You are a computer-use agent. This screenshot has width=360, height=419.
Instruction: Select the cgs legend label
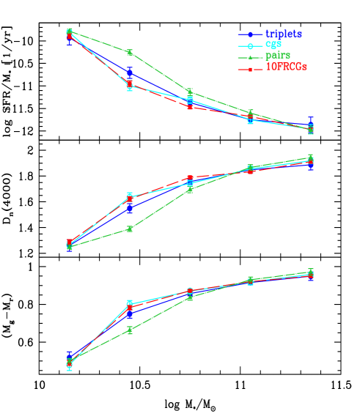coord(273,44)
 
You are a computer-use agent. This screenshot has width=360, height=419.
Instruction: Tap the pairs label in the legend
coord(277,55)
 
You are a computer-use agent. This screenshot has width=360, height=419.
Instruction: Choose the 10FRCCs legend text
coord(286,67)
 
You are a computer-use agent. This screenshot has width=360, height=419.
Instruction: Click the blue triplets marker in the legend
coord(250,34)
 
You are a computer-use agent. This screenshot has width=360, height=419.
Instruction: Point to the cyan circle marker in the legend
coord(250,45)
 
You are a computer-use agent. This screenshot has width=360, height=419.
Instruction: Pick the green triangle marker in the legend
coord(250,56)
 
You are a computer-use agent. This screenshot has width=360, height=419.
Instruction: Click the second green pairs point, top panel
coord(130,52)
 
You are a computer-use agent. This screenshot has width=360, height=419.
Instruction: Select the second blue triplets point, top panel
coord(130,73)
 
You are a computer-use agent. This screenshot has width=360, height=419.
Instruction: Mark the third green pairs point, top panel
coord(190,91)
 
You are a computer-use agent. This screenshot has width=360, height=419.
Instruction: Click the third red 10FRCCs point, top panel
coord(190,106)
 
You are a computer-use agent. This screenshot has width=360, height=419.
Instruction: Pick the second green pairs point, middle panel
coord(130,229)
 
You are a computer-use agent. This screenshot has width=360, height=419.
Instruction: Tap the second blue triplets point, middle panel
coord(130,208)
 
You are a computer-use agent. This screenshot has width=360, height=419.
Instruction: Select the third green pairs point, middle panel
coord(190,189)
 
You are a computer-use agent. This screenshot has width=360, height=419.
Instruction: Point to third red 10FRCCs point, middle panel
coord(190,178)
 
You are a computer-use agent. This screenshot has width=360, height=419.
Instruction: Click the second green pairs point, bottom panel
coord(130,330)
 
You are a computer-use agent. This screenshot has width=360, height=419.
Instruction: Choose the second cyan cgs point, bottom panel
coord(130,303)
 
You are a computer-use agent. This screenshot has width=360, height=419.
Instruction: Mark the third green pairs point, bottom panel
coord(190,297)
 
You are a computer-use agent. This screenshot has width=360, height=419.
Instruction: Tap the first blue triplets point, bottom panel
coord(70,356)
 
